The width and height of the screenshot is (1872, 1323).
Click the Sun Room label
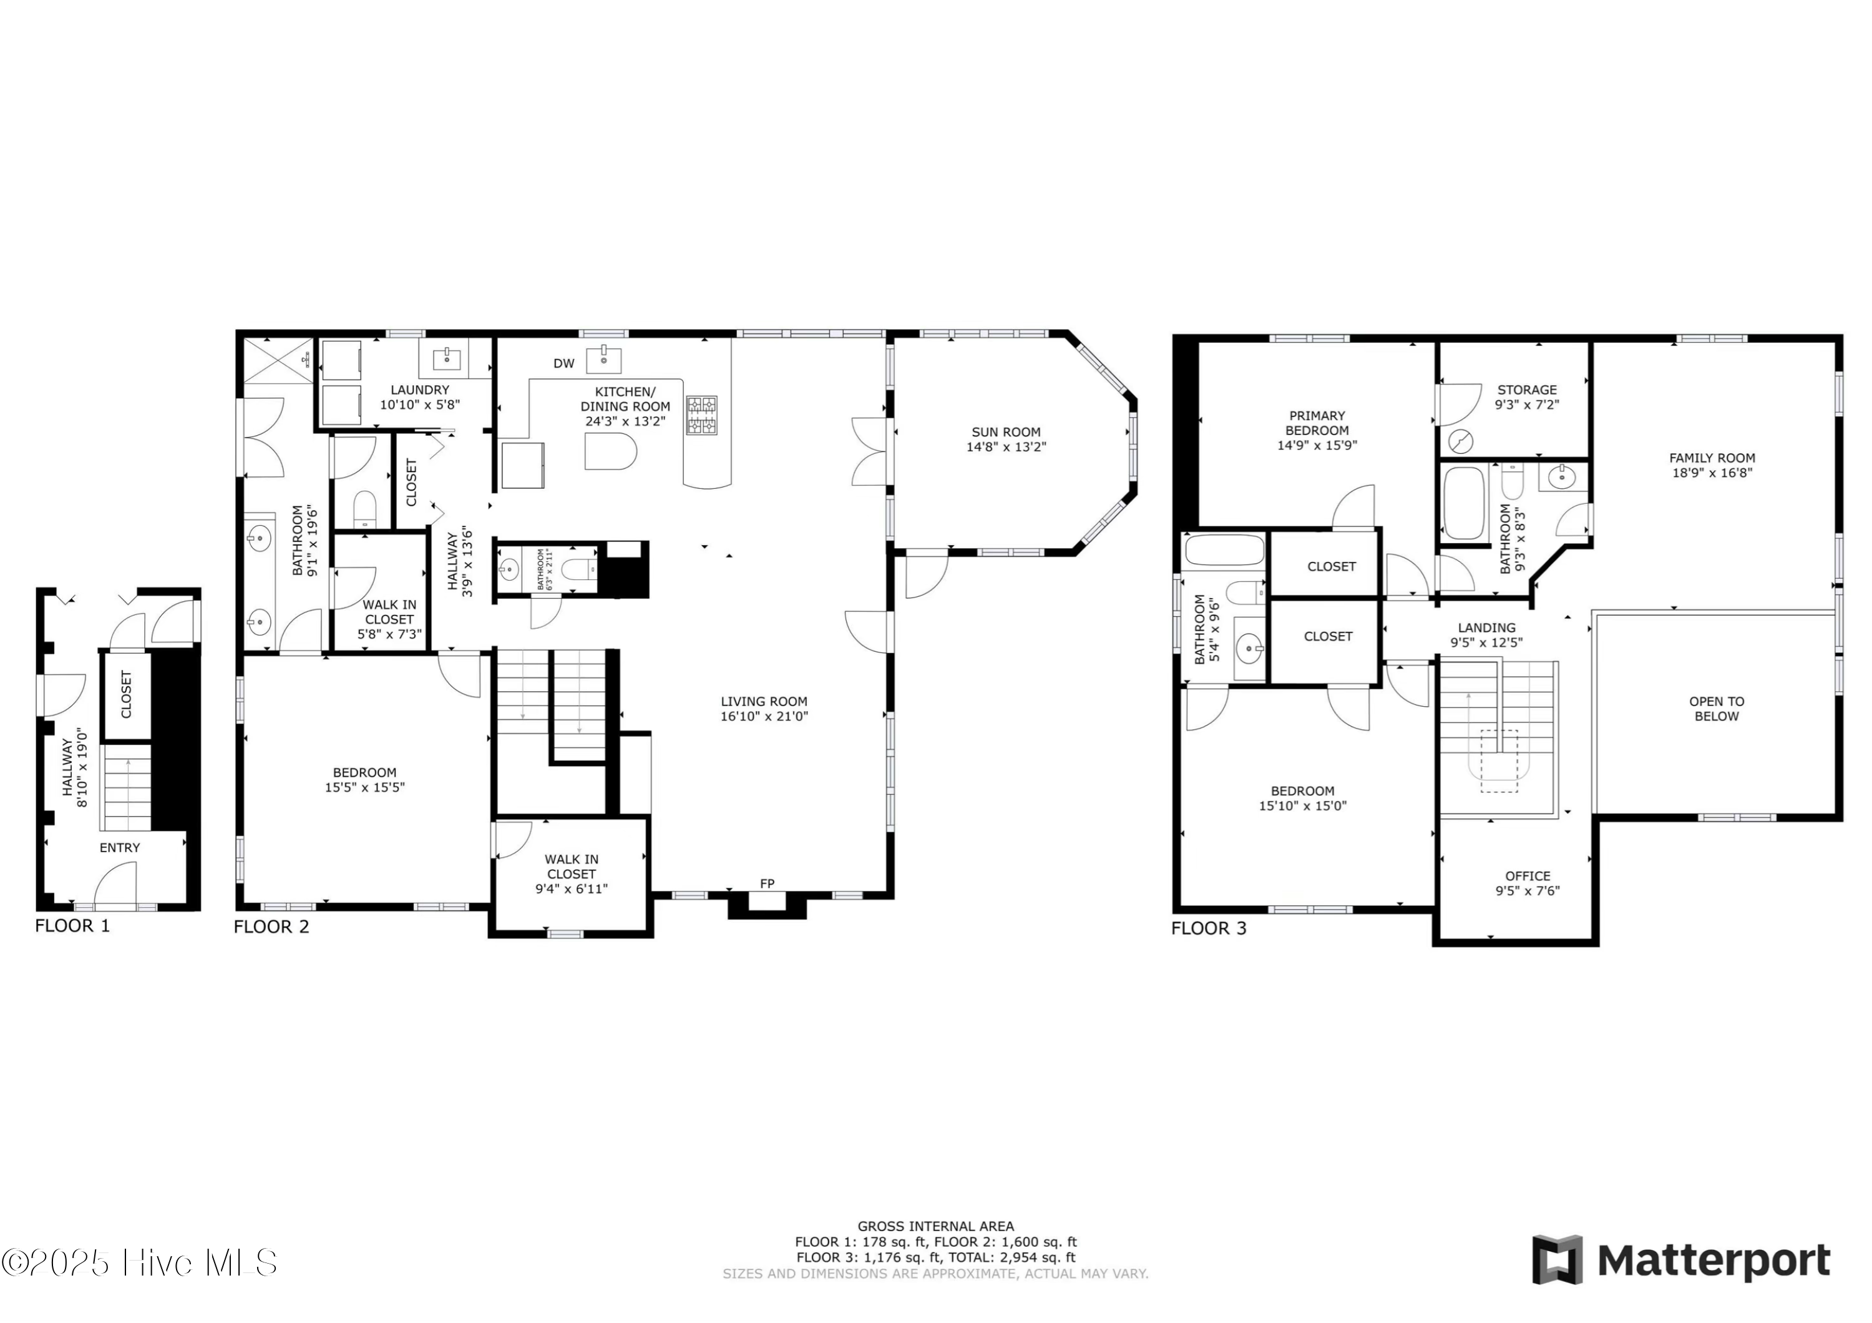(x=1005, y=431)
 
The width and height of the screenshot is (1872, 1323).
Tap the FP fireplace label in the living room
(x=766, y=883)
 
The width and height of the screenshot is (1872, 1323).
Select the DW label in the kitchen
(x=563, y=364)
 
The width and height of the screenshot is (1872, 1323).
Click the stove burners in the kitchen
(x=701, y=415)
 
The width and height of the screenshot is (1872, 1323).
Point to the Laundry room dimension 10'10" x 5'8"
(x=420, y=405)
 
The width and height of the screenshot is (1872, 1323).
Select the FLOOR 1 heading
(x=72, y=926)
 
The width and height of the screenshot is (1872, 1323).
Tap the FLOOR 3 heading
(x=1208, y=928)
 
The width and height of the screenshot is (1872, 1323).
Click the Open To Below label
(x=1716, y=709)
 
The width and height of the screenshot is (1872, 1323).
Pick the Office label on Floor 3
(x=1527, y=876)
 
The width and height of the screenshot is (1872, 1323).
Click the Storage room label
(x=1526, y=390)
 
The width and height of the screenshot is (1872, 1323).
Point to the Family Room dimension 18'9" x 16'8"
(x=1712, y=472)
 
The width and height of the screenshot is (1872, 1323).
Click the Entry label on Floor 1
(x=120, y=847)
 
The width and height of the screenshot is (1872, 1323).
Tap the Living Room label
(x=764, y=702)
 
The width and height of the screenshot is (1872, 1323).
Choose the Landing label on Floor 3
(x=1486, y=627)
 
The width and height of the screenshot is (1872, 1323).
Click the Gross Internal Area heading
(x=935, y=1226)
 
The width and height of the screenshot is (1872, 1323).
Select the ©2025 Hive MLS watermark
(x=139, y=1262)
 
